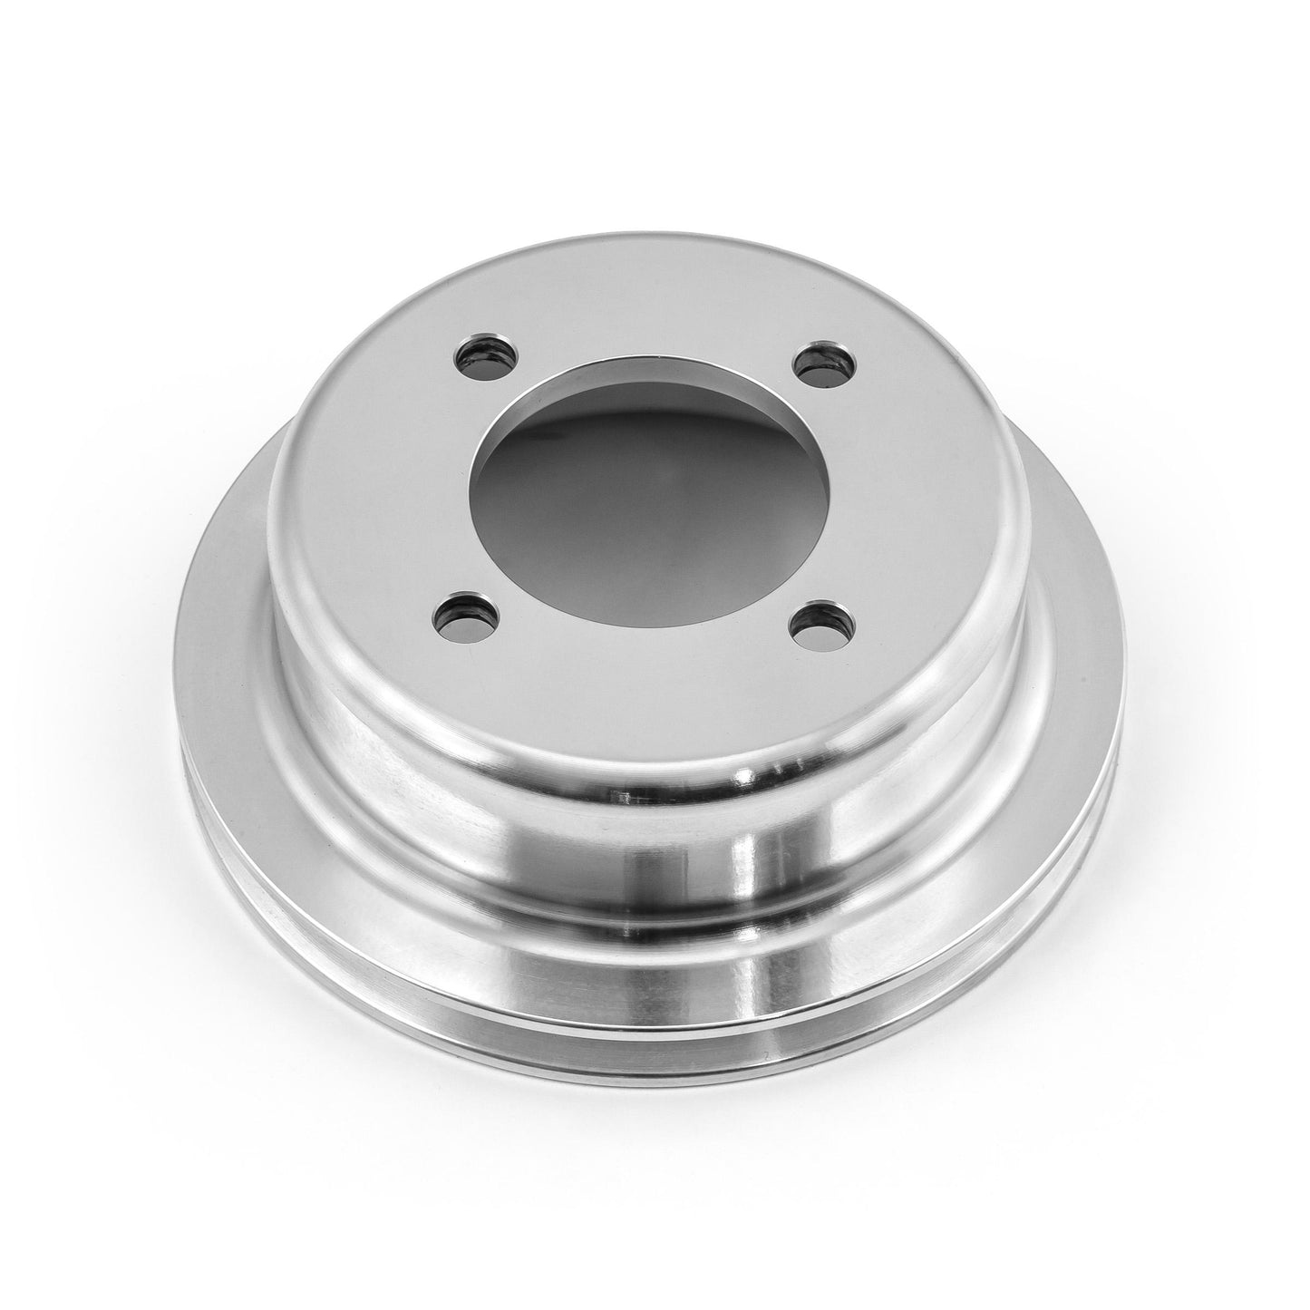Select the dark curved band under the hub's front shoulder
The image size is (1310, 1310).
point(653,798)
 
